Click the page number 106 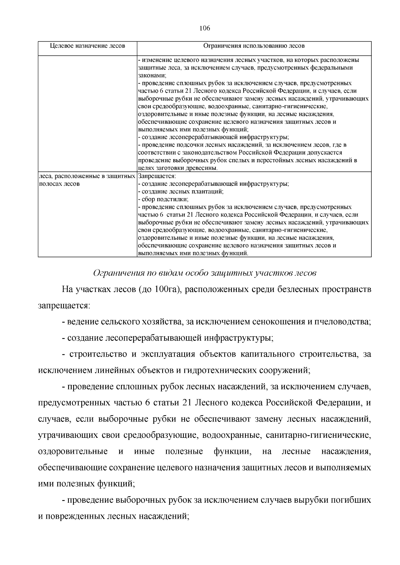(205, 28)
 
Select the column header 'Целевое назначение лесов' (87, 46)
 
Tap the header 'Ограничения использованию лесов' (254, 46)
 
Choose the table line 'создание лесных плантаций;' (181, 191)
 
